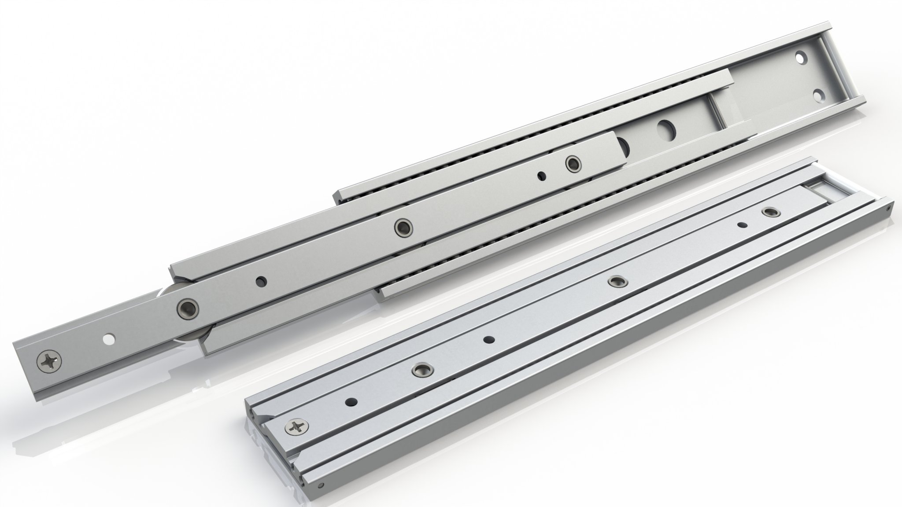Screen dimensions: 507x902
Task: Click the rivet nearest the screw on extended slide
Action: coord(188,306)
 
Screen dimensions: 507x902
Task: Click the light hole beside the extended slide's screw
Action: coord(107,340)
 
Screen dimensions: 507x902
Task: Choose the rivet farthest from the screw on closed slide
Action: coord(769,213)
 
